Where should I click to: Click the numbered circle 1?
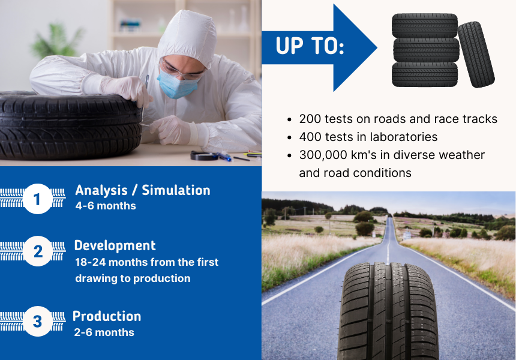(x=37, y=199)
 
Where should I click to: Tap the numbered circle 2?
(x=37, y=251)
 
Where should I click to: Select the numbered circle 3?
(x=37, y=322)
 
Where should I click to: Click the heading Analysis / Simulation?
(x=142, y=190)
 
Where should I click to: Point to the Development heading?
(x=115, y=245)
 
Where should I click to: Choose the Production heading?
(x=107, y=316)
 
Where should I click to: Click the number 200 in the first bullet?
(x=310, y=119)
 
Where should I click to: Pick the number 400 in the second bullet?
(x=310, y=137)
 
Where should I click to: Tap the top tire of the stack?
(x=424, y=25)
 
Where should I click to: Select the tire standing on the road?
(x=388, y=310)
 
